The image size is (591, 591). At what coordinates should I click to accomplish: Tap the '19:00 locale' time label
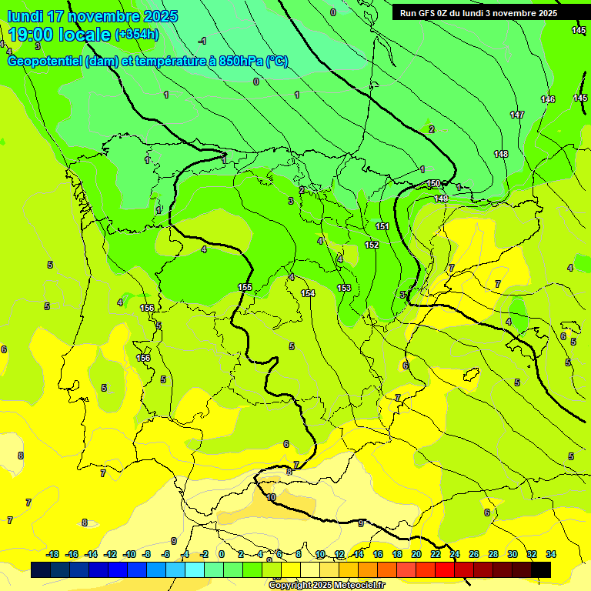coord(60,35)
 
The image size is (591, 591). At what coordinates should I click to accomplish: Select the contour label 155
coord(245,287)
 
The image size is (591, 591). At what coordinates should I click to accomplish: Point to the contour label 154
coord(308,293)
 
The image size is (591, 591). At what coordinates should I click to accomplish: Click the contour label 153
coord(344,288)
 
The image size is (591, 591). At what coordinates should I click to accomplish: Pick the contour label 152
coord(372,245)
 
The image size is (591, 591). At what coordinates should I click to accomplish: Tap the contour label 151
coord(382,226)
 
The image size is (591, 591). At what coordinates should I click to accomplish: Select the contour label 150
coord(433,183)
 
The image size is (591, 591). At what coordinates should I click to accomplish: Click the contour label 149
coord(441,199)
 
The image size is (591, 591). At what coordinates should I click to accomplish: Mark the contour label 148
coord(501,154)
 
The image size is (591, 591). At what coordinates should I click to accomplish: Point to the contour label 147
coord(517,115)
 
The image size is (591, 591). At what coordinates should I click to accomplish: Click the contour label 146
coord(548,99)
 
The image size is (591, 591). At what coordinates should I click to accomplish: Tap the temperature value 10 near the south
coord(271,498)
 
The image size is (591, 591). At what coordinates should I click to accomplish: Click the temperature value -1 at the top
coord(202,41)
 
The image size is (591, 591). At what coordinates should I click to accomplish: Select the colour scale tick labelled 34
coord(551,554)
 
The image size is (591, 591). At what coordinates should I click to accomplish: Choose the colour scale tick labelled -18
coord(53,554)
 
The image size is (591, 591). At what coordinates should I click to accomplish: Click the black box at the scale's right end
coord(542,569)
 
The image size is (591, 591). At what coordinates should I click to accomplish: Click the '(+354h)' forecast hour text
coord(137,35)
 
